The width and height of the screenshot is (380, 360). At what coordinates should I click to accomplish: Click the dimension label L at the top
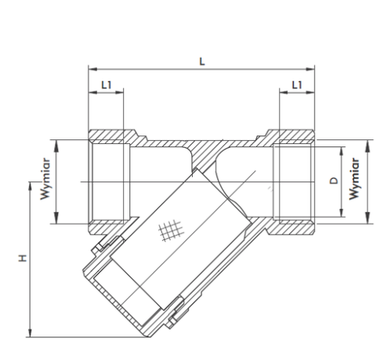(202, 62)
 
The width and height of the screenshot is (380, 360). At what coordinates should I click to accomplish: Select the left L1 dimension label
(107, 85)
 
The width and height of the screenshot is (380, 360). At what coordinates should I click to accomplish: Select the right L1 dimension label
(297, 85)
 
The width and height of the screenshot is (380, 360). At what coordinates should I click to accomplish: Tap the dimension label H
(23, 257)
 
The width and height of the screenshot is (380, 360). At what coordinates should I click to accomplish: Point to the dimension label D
(334, 181)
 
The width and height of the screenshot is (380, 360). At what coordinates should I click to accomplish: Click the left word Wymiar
(45, 179)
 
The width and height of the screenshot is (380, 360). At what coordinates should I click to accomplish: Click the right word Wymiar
(354, 179)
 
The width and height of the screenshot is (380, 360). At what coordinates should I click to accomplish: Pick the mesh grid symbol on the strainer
(171, 230)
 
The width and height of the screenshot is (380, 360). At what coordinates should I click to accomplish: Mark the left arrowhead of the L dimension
(92, 69)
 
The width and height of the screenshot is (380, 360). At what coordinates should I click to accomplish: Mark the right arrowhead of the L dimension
(310, 69)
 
